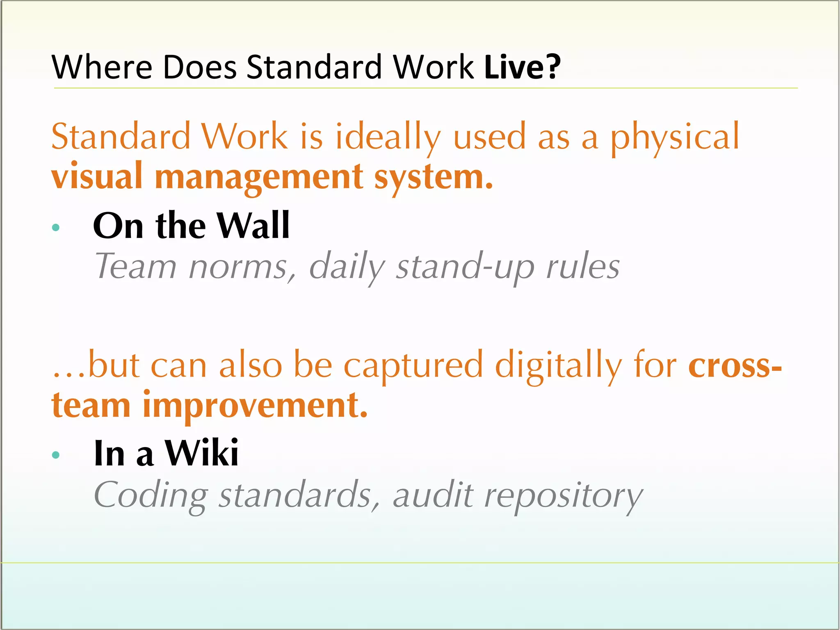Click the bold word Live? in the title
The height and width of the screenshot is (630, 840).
click(522, 67)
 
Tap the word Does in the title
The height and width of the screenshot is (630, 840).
click(200, 67)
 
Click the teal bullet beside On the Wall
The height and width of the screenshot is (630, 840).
click(56, 227)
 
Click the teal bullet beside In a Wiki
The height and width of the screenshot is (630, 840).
click(56, 454)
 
